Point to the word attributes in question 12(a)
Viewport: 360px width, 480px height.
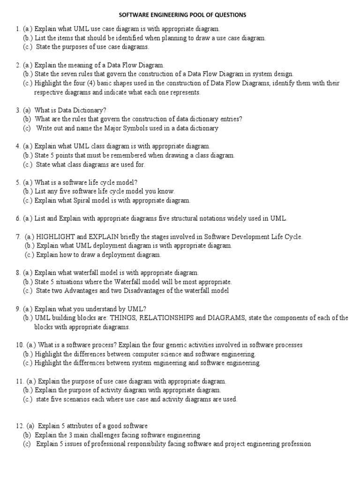tap(79, 426)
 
